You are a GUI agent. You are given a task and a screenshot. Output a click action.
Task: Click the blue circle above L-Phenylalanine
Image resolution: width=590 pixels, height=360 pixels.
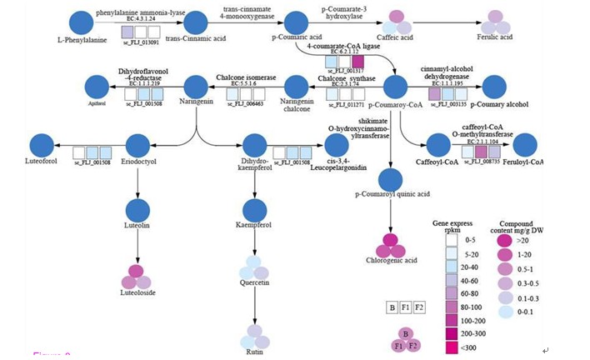[x=82, y=23]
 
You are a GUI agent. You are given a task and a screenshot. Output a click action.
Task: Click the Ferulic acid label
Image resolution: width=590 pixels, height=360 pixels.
[x=495, y=38]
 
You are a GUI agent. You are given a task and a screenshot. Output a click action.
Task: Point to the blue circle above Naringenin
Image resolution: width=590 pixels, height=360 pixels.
[x=195, y=87]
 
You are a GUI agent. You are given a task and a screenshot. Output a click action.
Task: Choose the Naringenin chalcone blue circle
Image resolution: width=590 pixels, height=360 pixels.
[x=297, y=87]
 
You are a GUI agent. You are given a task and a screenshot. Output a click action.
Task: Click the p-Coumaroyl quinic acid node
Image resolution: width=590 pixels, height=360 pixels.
[x=390, y=179]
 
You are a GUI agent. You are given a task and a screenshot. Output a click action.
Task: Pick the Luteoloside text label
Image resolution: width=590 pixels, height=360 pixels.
[x=138, y=293]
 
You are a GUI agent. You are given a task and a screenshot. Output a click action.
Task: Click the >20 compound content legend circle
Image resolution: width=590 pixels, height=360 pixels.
[x=505, y=240]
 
